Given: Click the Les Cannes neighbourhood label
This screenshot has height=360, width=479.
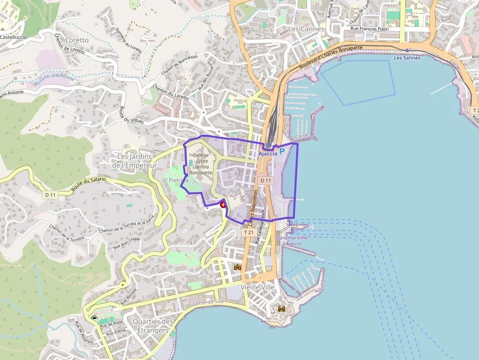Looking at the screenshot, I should point(306,29).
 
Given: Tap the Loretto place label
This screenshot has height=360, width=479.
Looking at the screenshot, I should point(77,40).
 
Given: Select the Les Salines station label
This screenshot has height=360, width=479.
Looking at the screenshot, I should point(407,58).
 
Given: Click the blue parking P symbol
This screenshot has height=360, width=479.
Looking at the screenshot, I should point(282,153).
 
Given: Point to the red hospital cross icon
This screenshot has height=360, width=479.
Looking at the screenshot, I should point(223,205).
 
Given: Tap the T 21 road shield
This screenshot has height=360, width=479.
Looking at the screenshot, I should point(248,233).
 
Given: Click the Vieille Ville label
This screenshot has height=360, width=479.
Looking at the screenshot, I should point(258,287).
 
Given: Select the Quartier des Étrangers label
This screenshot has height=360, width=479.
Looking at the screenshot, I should point(153,326).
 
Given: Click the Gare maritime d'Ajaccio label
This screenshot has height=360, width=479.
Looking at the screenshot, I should point(292,241).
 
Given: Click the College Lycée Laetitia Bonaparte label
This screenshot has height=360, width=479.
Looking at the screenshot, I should point(201,164).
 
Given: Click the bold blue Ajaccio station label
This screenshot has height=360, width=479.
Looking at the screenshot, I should point(267,153).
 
